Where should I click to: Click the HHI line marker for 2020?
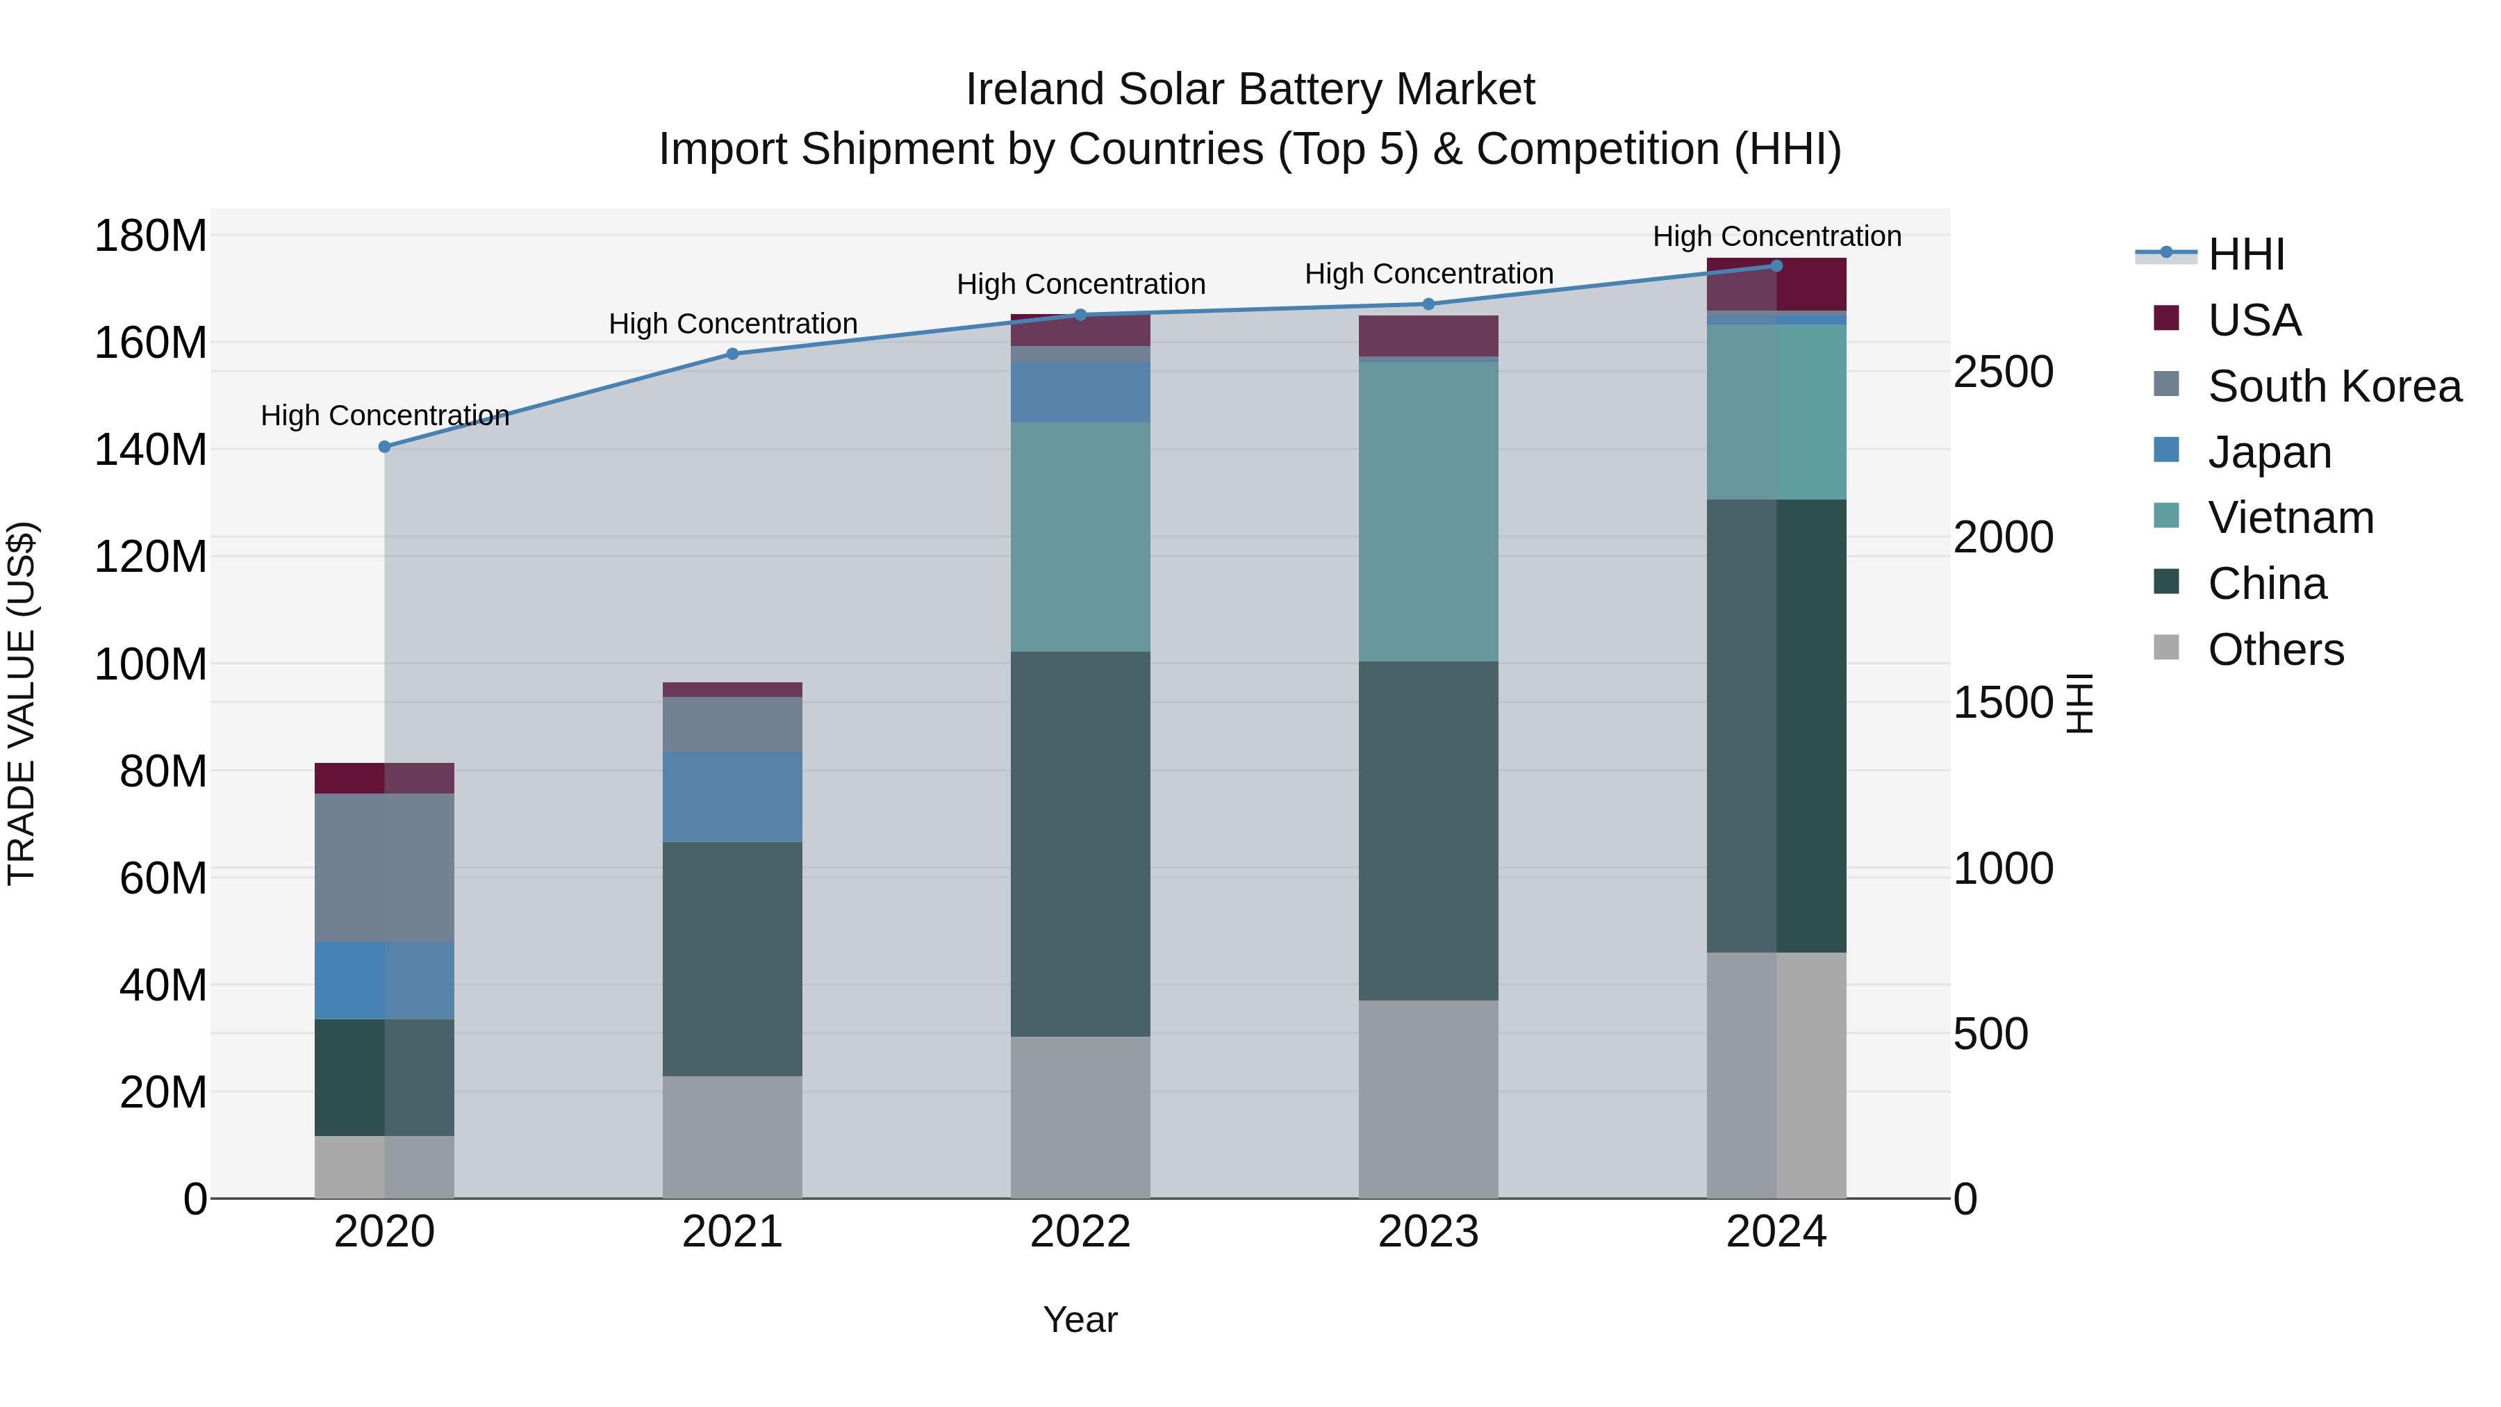[384, 447]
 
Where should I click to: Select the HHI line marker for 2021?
[733, 354]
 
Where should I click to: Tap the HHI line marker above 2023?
[1428, 304]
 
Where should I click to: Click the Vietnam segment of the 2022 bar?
[1080, 537]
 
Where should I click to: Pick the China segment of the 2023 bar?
[1428, 830]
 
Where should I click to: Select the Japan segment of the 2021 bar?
[732, 796]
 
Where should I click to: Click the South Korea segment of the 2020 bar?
[384, 867]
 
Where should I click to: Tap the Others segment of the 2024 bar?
[1776, 1075]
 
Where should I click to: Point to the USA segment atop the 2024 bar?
[1776, 284]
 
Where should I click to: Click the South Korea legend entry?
[2334, 386]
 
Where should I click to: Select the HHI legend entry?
[2245, 254]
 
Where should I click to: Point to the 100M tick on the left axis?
[151, 665]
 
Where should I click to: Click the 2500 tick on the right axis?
[2002, 372]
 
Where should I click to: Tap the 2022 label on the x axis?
[1080, 1232]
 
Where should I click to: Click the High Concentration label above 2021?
[733, 323]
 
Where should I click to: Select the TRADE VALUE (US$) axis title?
[22, 703]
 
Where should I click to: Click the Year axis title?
[1080, 1319]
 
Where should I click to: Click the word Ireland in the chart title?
[1035, 90]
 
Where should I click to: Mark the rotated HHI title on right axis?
[2078, 703]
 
